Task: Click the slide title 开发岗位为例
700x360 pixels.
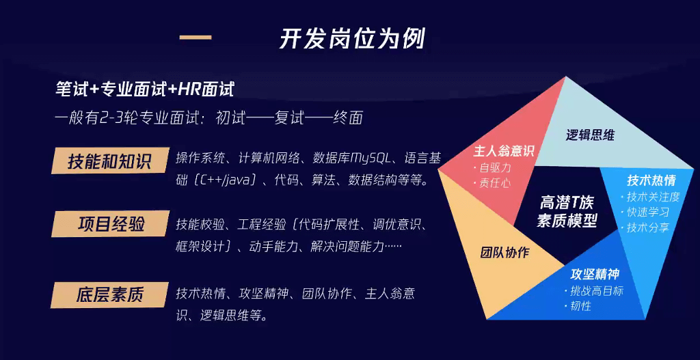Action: point(352,40)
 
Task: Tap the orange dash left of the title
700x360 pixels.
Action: point(195,38)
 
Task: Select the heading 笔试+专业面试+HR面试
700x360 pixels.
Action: point(144,90)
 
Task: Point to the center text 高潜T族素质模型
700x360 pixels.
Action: point(567,212)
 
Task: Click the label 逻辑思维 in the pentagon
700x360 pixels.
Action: point(590,135)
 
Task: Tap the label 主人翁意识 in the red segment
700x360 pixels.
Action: point(504,151)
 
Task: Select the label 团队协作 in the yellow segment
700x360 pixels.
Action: point(504,253)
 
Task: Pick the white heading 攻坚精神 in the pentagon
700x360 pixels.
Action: point(595,274)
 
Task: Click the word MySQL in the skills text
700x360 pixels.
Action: point(372,158)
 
